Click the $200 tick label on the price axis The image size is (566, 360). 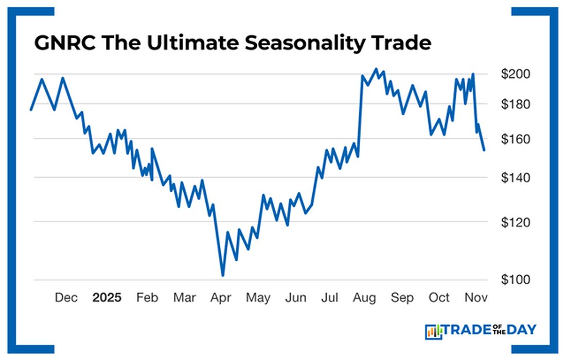(x=516, y=74)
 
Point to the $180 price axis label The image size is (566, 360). (x=516, y=104)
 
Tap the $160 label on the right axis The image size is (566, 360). (x=516, y=139)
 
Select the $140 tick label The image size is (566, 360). (x=516, y=177)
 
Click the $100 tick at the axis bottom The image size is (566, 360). (x=516, y=280)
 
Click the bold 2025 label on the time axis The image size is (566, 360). (x=107, y=298)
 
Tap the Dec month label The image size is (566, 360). (x=66, y=298)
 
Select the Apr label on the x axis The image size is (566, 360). (x=221, y=298)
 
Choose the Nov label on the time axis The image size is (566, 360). (x=476, y=298)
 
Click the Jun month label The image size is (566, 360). (x=295, y=298)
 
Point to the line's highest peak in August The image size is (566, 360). (x=376, y=69)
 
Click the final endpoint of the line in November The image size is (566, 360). (x=484, y=150)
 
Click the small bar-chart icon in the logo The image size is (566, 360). (x=433, y=332)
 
